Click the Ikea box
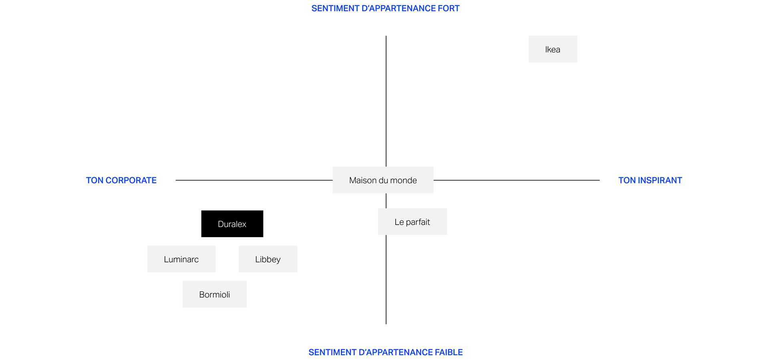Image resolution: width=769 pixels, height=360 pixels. (553, 49)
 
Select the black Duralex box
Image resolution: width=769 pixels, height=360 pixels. (232, 224)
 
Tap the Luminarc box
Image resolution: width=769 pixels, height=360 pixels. (181, 259)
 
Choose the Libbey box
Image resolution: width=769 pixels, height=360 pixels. (268, 259)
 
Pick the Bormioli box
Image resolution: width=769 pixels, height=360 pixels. (215, 294)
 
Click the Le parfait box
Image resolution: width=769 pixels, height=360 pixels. (413, 221)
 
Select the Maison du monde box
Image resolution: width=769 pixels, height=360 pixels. (383, 180)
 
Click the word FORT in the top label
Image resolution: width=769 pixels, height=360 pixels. (449, 8)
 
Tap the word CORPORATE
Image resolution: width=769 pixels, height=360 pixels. (131, 180)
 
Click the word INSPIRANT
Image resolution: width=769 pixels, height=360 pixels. (660, 180)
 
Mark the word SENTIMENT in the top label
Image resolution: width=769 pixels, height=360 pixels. (335, 8)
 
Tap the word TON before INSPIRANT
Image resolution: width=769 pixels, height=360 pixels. (627, 180)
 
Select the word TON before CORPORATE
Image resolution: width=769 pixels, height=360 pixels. (95, 180)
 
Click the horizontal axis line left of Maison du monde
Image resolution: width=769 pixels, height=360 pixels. (254, 180)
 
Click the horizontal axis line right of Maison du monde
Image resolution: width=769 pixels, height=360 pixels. (517, 180)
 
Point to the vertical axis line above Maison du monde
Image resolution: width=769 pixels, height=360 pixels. (386, 101)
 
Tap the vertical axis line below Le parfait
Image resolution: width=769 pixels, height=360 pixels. (386, 280)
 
